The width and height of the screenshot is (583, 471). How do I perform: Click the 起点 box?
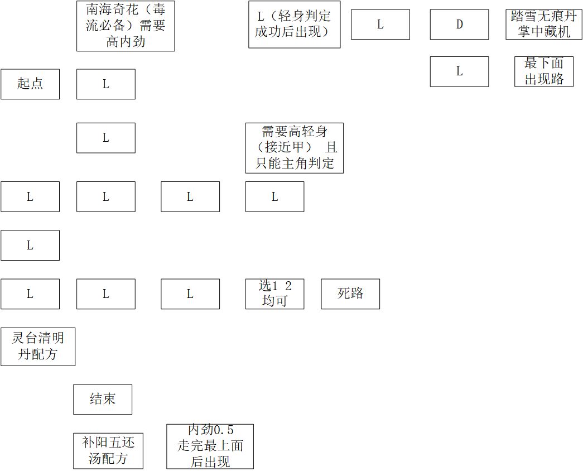[30, 84]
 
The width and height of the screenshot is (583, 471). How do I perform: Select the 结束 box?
[103, 399]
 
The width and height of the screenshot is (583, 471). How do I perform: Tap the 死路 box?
[350, 294]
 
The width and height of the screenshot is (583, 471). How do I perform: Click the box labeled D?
[459, 25]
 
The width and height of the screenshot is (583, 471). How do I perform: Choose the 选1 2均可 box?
[275, 294]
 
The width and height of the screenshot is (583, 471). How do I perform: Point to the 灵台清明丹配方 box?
[38, 347]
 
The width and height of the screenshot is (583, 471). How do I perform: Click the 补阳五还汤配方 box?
[108, 451]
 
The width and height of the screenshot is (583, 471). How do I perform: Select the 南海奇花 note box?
[126, 26]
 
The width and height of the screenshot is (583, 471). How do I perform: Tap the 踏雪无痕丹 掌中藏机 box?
[544, 25]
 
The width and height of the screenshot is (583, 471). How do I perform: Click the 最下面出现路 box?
[544, 71]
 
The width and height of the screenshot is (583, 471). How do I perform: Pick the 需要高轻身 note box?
[295, 148]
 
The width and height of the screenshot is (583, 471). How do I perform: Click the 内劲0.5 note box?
[210, 446]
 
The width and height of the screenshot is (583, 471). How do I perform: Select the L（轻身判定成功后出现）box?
[295, 25]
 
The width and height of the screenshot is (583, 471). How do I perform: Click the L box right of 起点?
[106, 84]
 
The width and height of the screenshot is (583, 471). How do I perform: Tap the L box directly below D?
[459, 71]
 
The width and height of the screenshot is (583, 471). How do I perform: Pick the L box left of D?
[380, 25]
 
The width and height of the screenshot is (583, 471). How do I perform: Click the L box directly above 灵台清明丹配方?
[30, 294]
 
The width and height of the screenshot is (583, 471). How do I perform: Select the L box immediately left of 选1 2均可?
[190, 294]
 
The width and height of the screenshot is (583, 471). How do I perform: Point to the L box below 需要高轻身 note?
[275, 197]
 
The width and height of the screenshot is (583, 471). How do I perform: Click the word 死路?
[350, 294]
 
